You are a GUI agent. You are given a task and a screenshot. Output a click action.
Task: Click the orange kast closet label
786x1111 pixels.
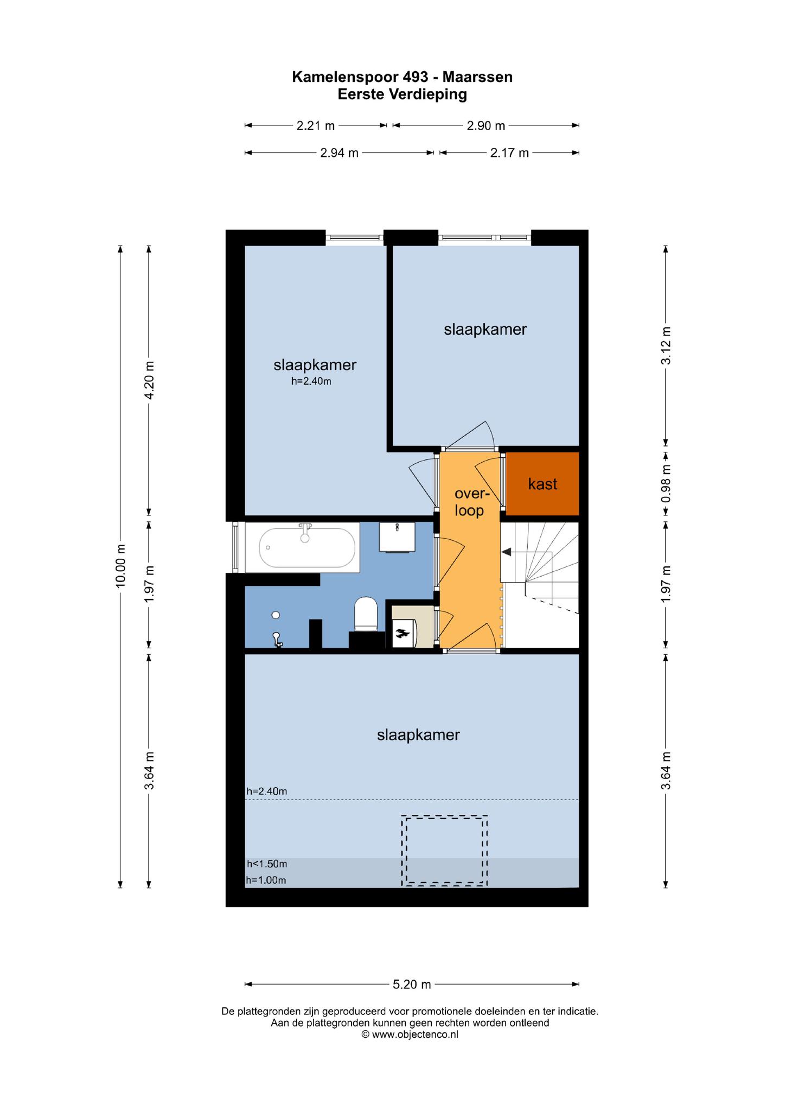tap(542, 484)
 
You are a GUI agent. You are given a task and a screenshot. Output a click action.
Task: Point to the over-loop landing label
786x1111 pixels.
tap(470, 502)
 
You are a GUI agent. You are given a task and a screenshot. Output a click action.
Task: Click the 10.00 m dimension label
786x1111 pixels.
tap(120, 565)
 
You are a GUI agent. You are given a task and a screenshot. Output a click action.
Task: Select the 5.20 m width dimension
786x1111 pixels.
tap(412, 984)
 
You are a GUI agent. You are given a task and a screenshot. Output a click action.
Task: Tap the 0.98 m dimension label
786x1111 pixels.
tap(666, 483)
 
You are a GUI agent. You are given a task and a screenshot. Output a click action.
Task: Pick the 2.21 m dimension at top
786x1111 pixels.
tap(316, 126)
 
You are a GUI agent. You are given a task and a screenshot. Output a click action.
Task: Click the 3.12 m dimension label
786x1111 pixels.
tap(666, 346)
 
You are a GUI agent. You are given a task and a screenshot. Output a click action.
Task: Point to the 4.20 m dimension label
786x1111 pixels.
tap(149, 380)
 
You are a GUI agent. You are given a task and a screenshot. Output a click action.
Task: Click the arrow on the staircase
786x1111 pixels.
tap(507, 552)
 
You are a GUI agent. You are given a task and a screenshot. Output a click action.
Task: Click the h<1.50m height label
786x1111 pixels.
tap(267, 864)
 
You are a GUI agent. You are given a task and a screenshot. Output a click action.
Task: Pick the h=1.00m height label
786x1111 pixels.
tap(266, 880)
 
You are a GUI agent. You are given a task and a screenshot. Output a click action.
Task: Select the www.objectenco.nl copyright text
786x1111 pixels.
tap(410, 1035)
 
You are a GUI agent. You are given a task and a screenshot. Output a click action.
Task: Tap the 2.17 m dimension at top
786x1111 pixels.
tap(509, 153)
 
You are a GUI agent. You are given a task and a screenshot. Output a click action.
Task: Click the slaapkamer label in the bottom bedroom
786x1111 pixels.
tap(418, 735)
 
